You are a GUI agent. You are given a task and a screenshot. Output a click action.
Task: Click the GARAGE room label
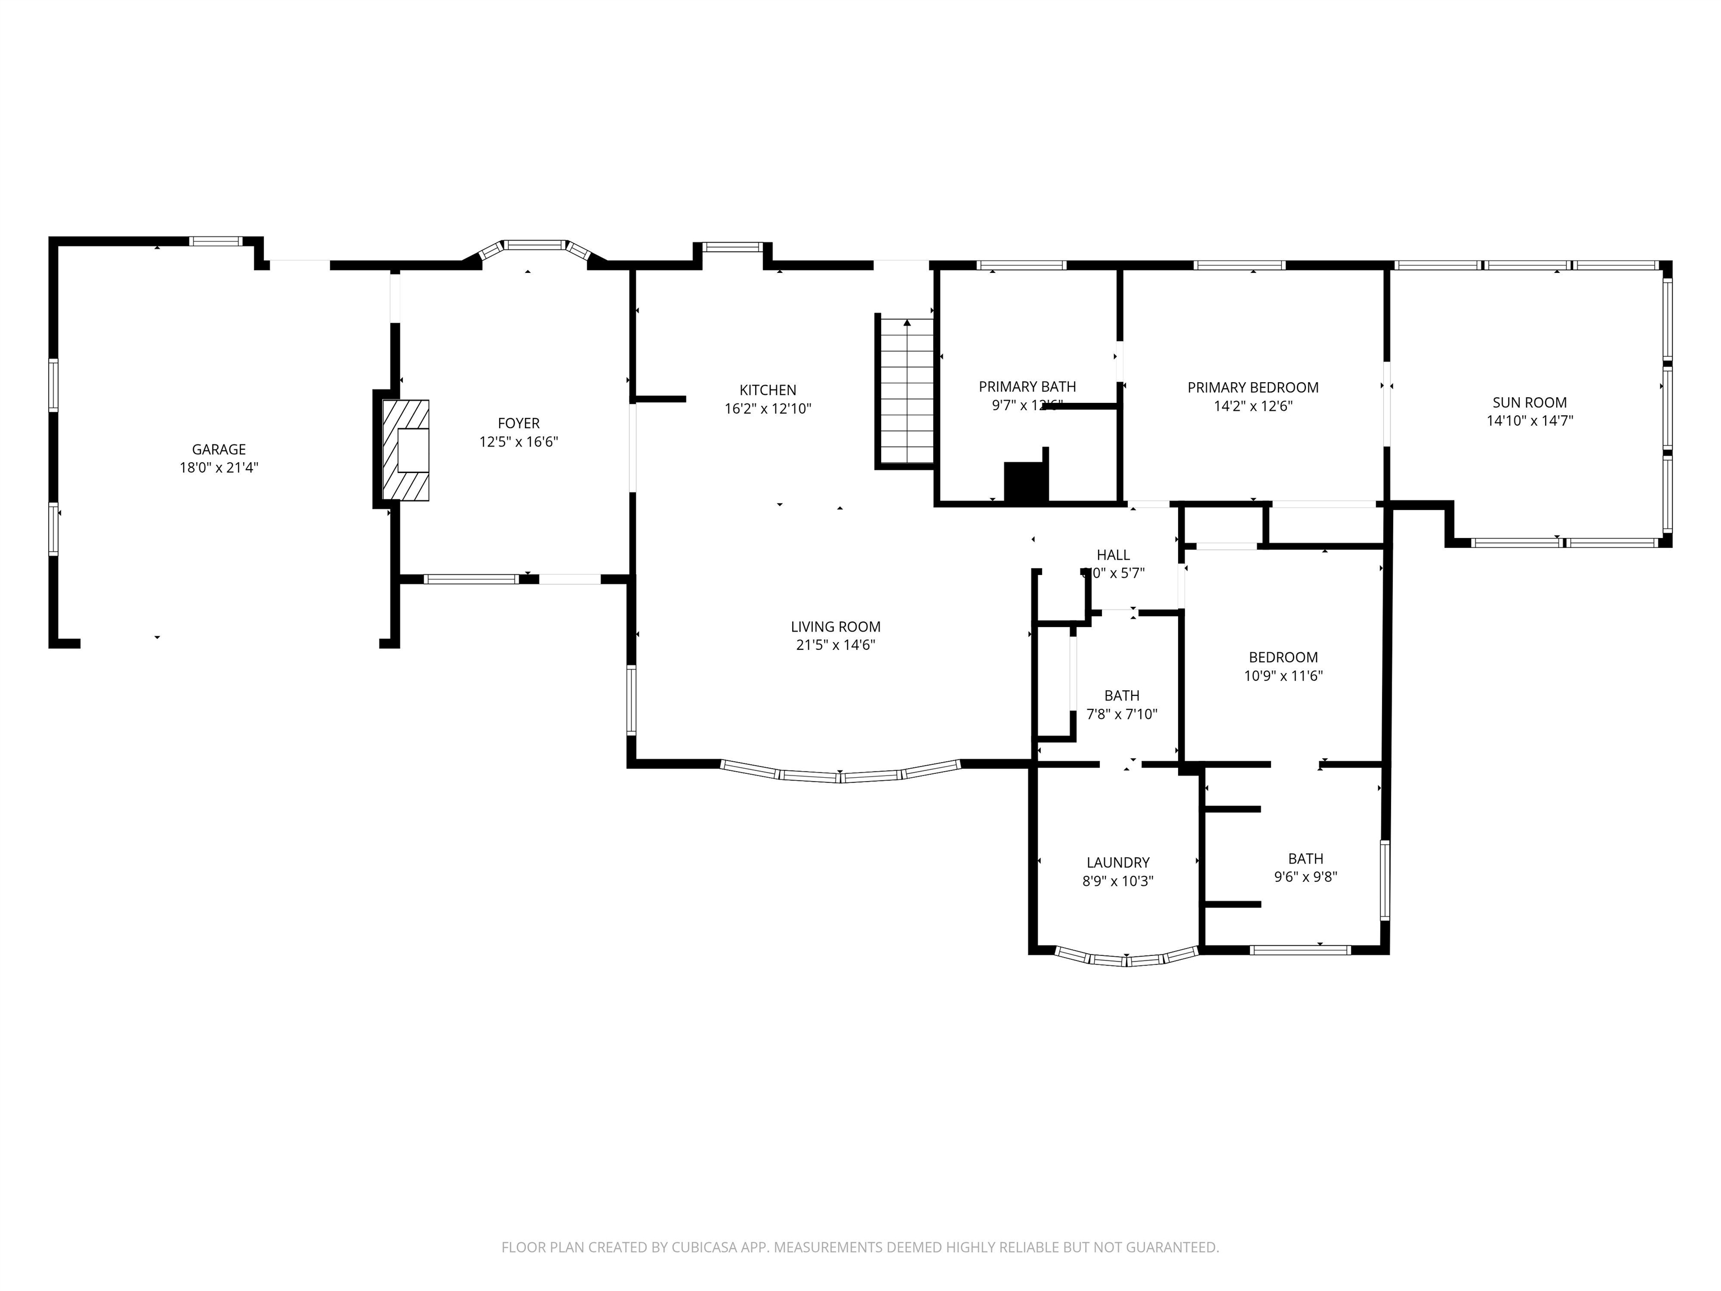(x=218, y=449)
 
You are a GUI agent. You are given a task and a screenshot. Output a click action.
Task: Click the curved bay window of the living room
(x=840, y=775)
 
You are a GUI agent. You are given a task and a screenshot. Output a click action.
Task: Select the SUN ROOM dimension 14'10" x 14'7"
(x=1529, y=421)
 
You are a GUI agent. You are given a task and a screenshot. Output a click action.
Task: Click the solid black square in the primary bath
(x=1025, y=482)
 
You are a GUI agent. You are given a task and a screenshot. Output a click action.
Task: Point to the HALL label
(x=1113, y=555)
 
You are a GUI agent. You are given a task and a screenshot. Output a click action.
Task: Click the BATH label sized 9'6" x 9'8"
(x=1305, y=858)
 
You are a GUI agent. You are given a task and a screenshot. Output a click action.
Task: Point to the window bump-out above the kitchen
(x=732, y=248)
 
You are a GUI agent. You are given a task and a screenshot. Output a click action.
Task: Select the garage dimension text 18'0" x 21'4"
(x=218, y=468)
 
